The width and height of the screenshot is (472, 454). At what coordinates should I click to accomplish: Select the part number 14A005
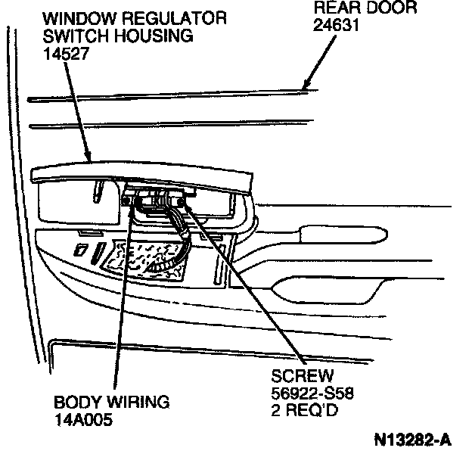pyautogui.click(x=82, y=418)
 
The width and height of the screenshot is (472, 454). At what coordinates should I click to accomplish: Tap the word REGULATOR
pyautogui.click(x=156, y=17)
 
